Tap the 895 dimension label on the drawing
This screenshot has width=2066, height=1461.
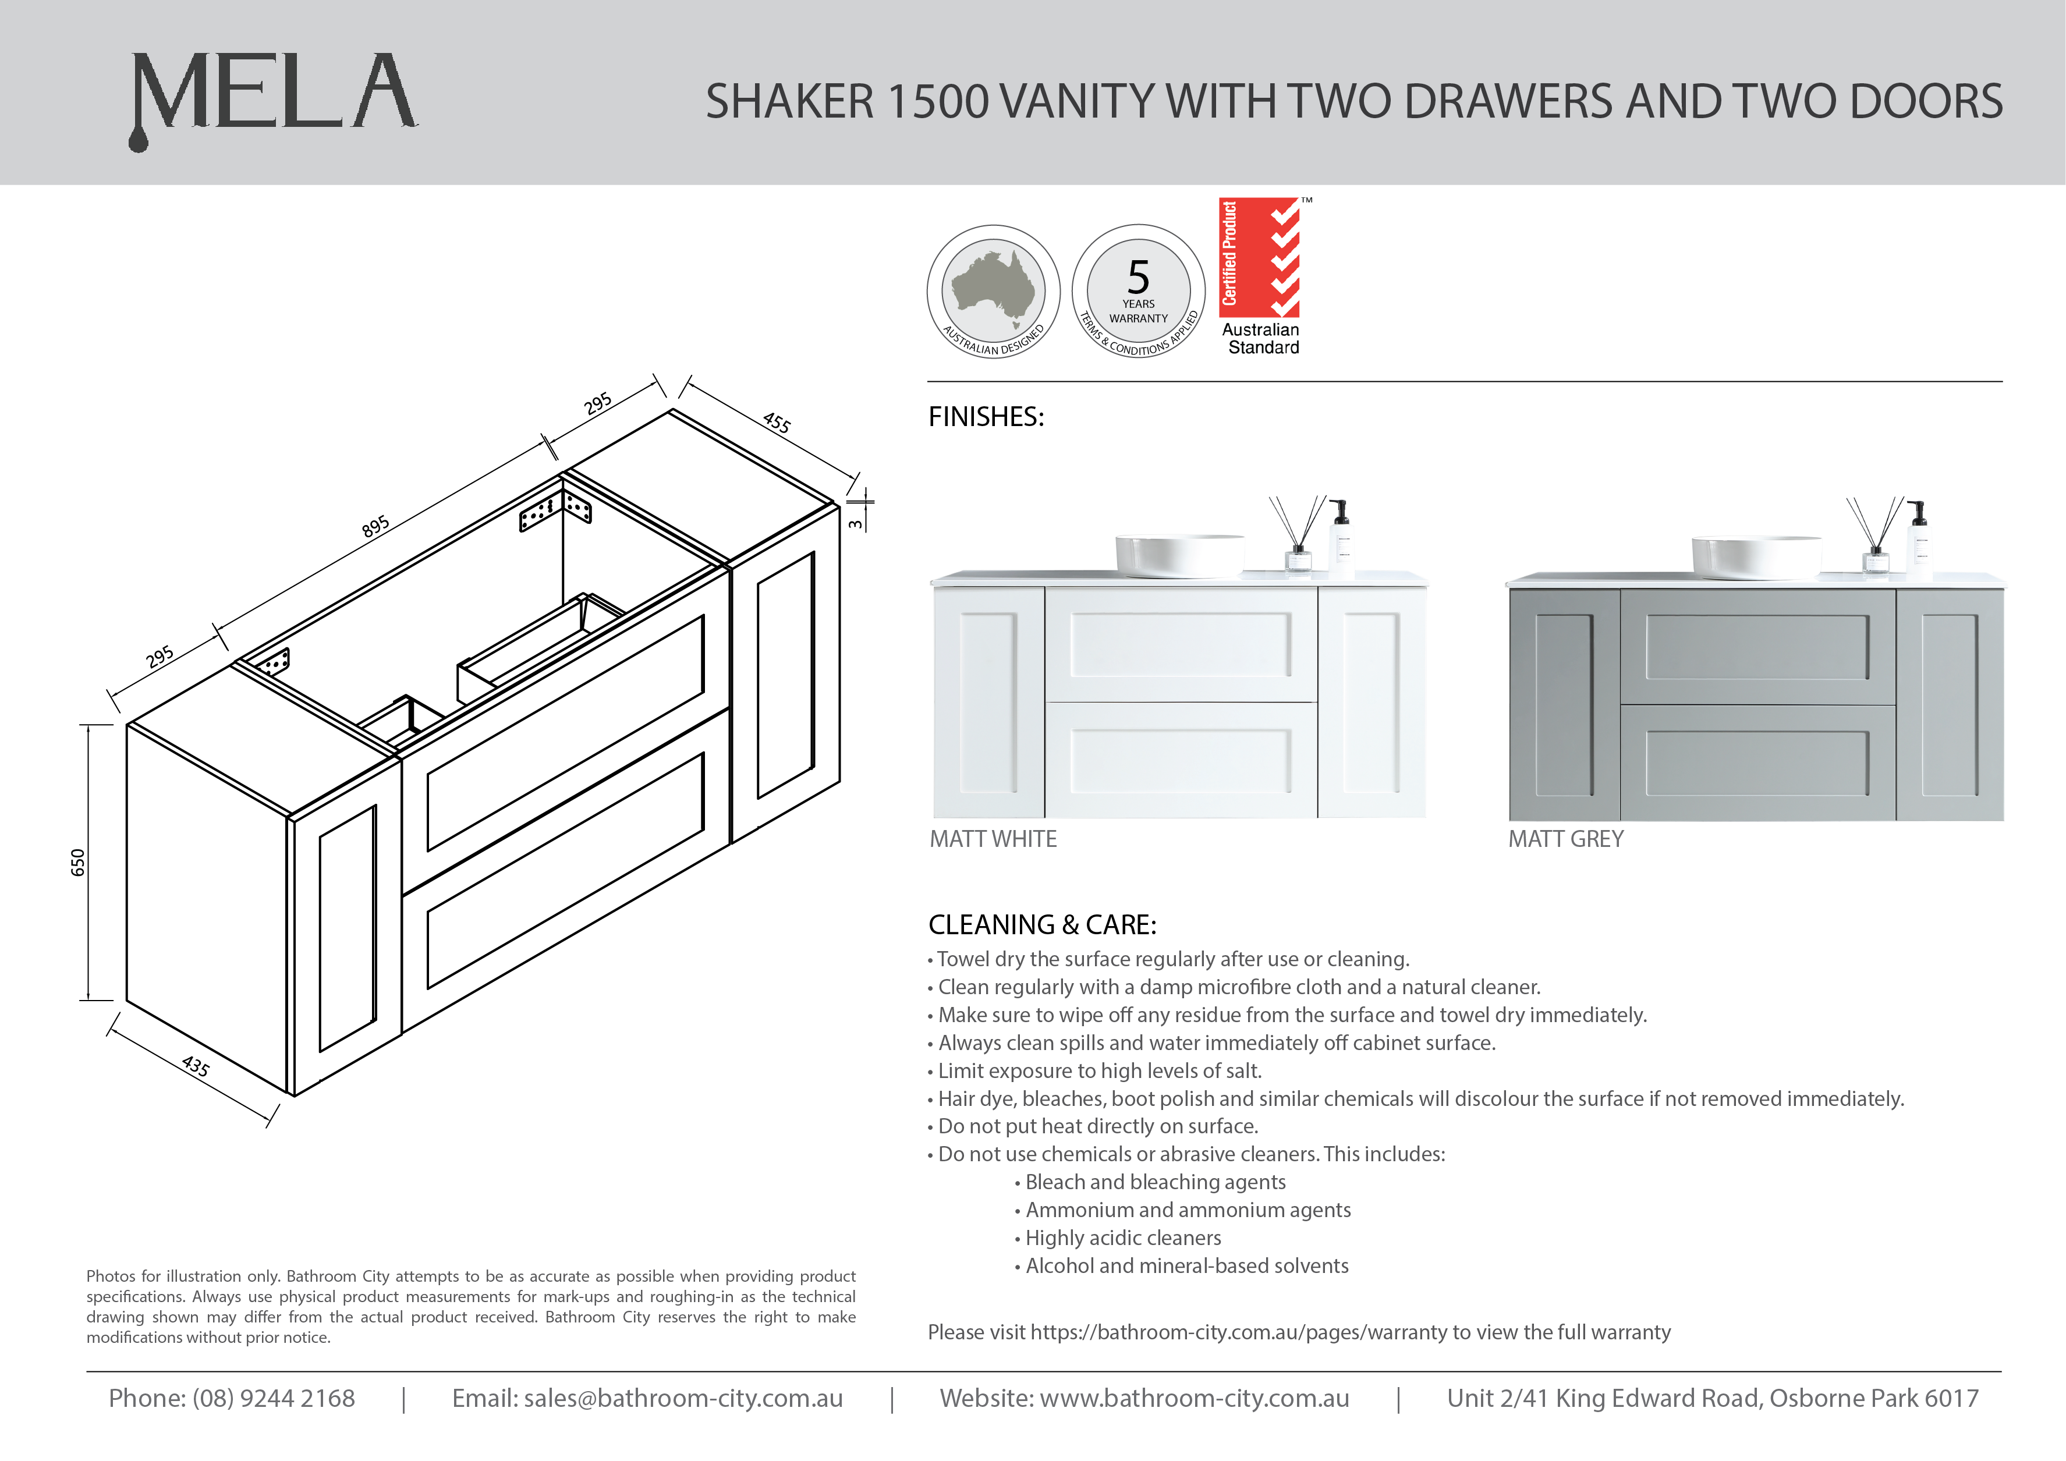point(376,526)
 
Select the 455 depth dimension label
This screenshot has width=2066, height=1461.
point(777,422)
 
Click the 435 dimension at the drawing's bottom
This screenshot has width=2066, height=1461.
point(195,1067)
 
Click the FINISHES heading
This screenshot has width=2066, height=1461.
point(986,417)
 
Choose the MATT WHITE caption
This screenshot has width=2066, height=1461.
point(993,839)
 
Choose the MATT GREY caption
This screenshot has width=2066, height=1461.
point(1566,839)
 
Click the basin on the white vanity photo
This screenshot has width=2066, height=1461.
point(1179,555)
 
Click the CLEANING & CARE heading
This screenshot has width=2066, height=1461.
point(1042,925)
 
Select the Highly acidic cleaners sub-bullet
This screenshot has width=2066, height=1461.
point(1123,1238)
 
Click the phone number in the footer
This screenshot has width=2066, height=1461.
point(274,1398)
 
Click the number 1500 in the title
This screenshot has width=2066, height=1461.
point(938,102)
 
